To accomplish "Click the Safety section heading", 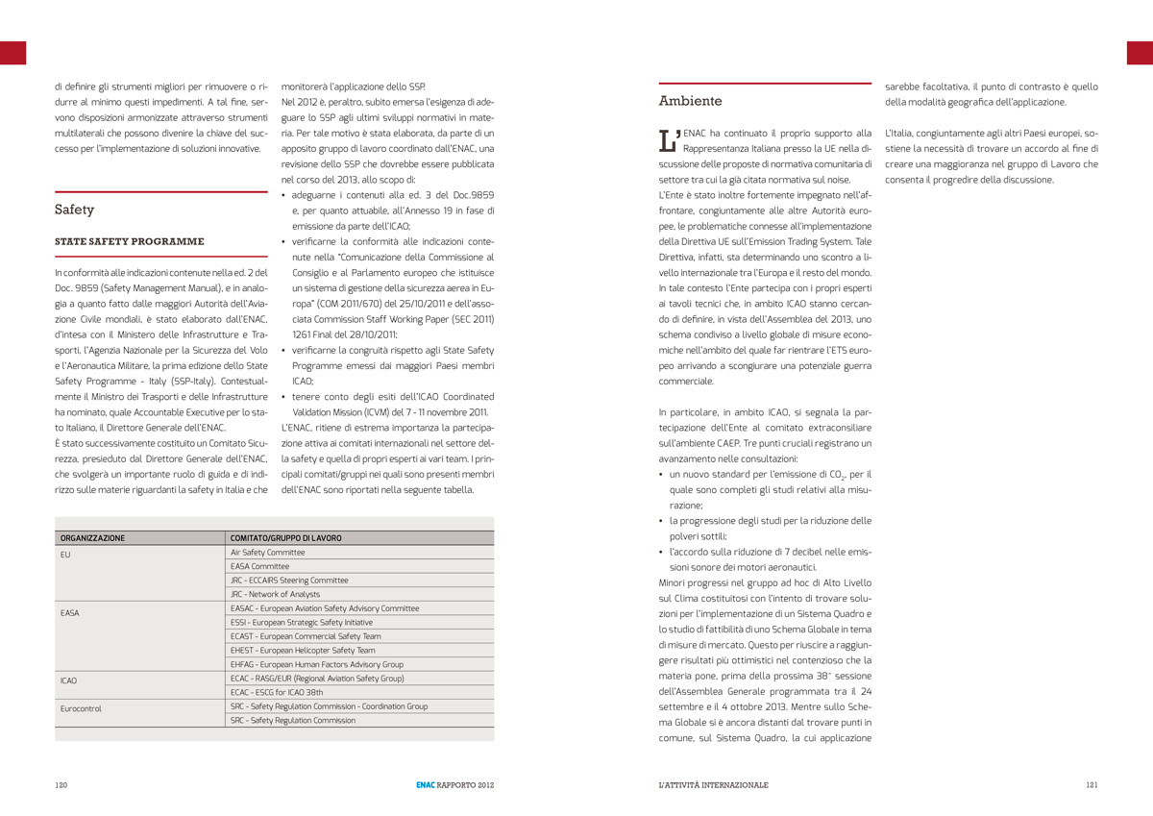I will [75, 210].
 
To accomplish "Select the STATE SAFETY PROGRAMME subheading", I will [130, 241].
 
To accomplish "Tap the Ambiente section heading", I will [690, 101].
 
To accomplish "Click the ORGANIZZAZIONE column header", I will [92, 538].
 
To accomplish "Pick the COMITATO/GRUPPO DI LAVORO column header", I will [285, 538].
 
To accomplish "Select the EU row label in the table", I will [65, 555].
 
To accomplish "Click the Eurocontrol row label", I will [81, 708].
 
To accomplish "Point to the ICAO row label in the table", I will [68, 680].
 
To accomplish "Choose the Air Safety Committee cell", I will [267, 553].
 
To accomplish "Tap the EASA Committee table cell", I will [259, 567].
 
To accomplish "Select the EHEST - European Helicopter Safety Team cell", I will [303, 651].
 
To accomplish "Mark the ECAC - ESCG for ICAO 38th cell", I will [277, 692].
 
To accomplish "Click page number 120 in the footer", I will [61, 785].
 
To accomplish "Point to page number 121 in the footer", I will [1092, 785].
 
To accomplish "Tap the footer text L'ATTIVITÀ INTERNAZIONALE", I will [713, 785].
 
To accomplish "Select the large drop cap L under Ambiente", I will [669, 140].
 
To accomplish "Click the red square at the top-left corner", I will [12, 53].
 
